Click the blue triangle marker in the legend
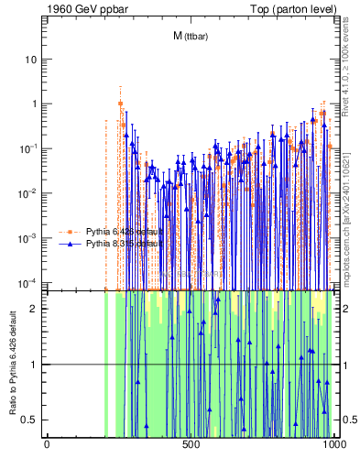pos(72,245)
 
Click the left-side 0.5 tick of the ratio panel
pos(33,420)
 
